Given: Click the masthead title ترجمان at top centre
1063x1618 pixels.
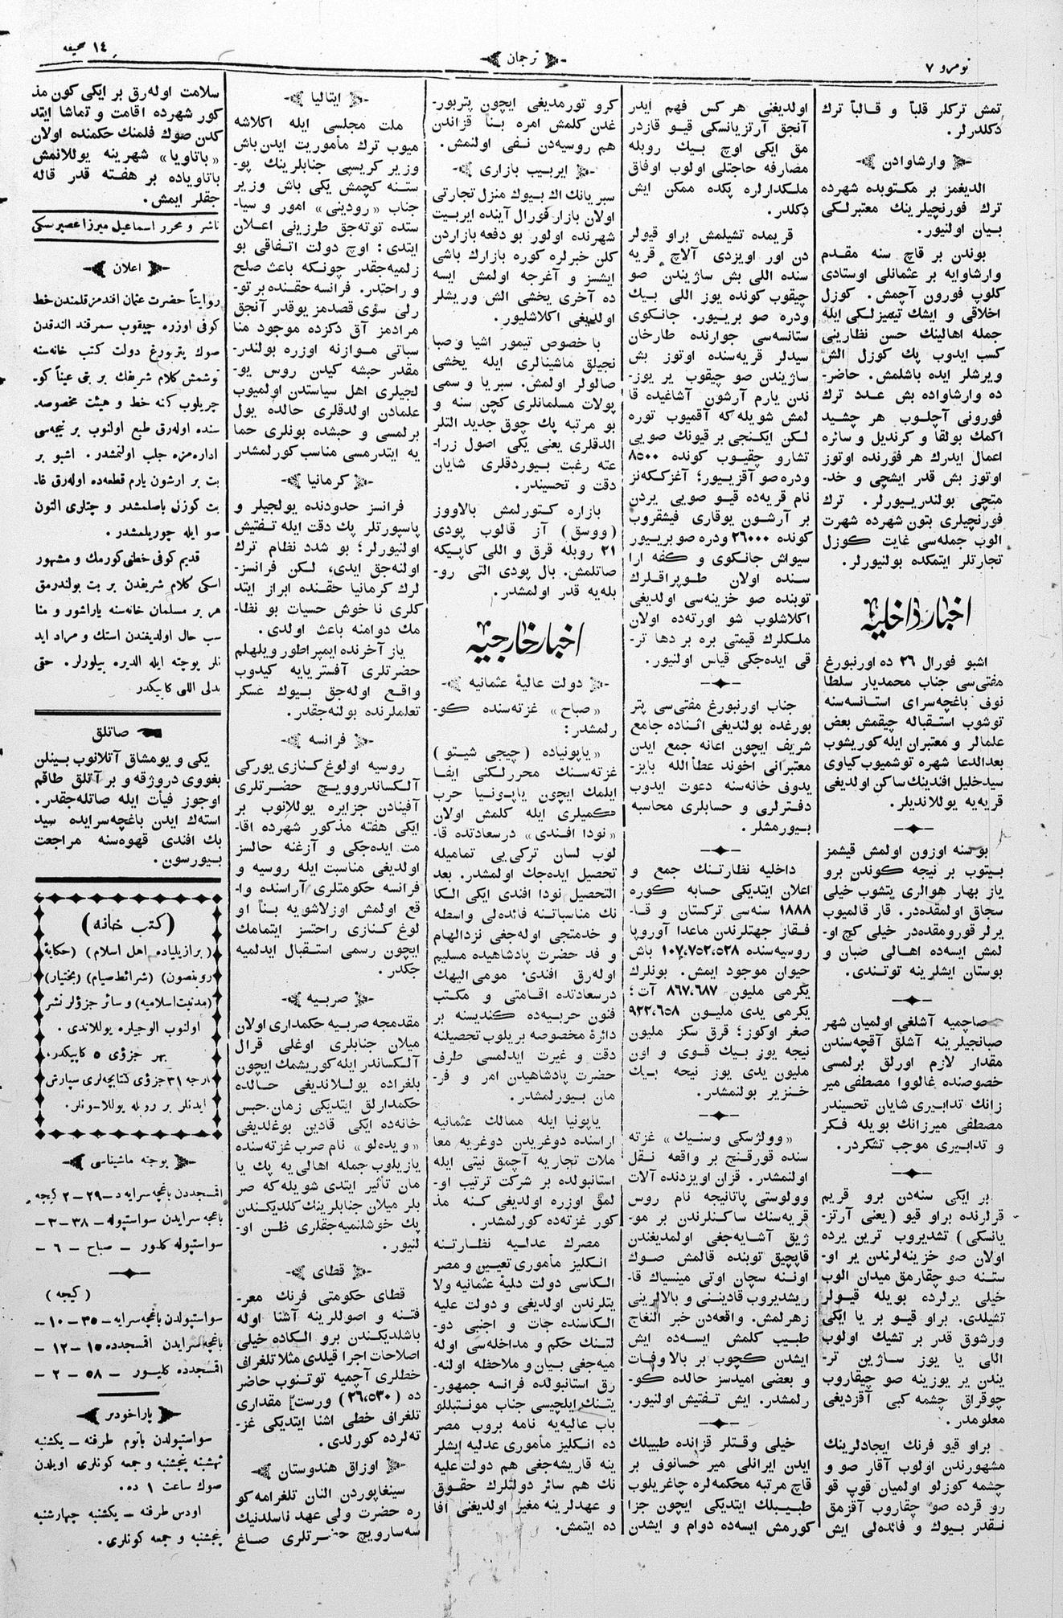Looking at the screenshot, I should pos(528,59).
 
